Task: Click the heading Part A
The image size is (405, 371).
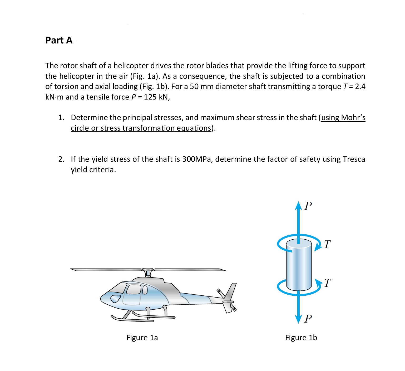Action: [59, 40]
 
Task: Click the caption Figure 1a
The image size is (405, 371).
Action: [142, 338]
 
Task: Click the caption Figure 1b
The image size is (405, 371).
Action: [301, 338]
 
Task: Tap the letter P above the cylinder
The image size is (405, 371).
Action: [308, 206]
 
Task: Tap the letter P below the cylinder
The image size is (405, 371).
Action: [308, 319]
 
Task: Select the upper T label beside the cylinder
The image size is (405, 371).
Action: [327, 245]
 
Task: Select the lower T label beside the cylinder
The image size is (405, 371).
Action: [327, 283]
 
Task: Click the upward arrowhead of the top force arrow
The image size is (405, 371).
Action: [298, 205]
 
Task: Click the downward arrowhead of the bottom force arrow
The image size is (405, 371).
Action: [298, 319]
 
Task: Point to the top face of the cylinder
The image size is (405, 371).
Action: [299, 243]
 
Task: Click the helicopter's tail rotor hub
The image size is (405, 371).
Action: [228, 302]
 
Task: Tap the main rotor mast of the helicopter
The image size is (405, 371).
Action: [148, 273]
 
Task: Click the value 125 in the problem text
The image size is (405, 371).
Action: [150, 97]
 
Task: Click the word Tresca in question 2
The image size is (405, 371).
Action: [354, 159]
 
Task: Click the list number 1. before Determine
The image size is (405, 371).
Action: [61, 118]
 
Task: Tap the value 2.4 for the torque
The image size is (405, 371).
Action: [360, 87]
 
